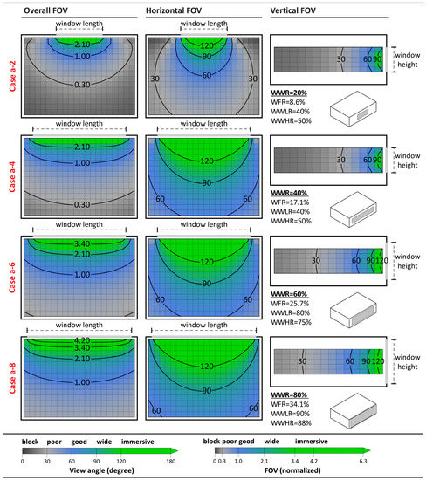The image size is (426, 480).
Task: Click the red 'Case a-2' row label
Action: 11,78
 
